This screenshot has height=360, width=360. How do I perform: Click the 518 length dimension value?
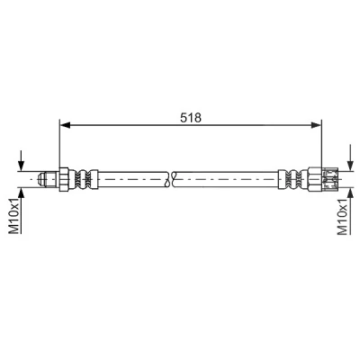tap(191, 118)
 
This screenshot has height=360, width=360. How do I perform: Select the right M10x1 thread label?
tap(343, 215)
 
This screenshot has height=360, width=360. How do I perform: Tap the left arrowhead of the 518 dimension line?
tap(65, 125)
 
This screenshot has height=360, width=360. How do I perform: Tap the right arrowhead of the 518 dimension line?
tap(316, 125)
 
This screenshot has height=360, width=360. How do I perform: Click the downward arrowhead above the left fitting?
tap(21, 166)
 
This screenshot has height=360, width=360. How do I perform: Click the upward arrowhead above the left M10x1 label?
tap(21, 193)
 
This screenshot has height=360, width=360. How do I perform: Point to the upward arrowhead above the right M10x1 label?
tap(350, 193)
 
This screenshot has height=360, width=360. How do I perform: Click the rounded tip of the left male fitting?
tap(40, 179)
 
